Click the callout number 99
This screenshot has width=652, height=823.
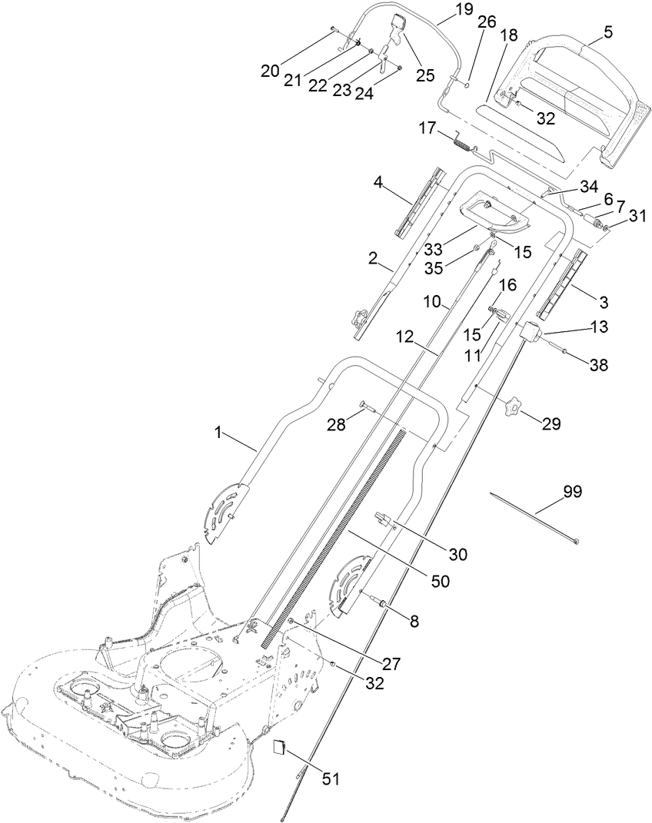click(x=572, y=493)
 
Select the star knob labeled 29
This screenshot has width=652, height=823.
click(x=513, y=409)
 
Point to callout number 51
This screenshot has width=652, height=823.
click(x=330, y=778)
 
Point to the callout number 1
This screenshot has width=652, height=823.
click(x=219, y=433)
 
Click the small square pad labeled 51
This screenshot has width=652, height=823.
click(x=281, y=748)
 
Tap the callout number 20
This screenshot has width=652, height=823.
click(x=270, y=71)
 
